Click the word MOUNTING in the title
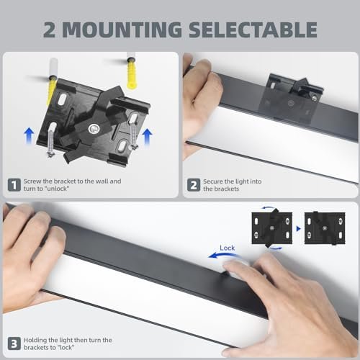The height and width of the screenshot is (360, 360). click(122, 30)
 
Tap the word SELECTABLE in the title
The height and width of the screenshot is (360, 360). click(253, 30)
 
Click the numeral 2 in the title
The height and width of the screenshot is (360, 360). click(50, 30)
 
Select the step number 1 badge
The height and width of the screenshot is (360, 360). click(14, 185)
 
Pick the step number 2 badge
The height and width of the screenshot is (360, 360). click(194, 185)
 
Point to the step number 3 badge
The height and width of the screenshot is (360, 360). click(14, 343)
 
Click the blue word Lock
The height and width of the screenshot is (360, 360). click(228, 248)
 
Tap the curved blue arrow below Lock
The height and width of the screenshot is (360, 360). click(222, 255)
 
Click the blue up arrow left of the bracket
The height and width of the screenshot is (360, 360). click(29, 136)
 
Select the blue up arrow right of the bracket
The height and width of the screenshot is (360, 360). click(147, 137)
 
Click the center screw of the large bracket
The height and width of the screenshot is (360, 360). click(94, 129)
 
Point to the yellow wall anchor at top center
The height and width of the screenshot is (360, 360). click(132, 73)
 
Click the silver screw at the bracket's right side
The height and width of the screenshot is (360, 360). click(133, 132)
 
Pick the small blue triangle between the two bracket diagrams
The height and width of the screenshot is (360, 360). click(298, 228)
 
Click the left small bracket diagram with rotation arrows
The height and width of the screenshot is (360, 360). click(272, 228)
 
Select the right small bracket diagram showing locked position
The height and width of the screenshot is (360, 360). click(325, 228)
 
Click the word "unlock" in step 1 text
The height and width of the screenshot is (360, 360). click(57, 189)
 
